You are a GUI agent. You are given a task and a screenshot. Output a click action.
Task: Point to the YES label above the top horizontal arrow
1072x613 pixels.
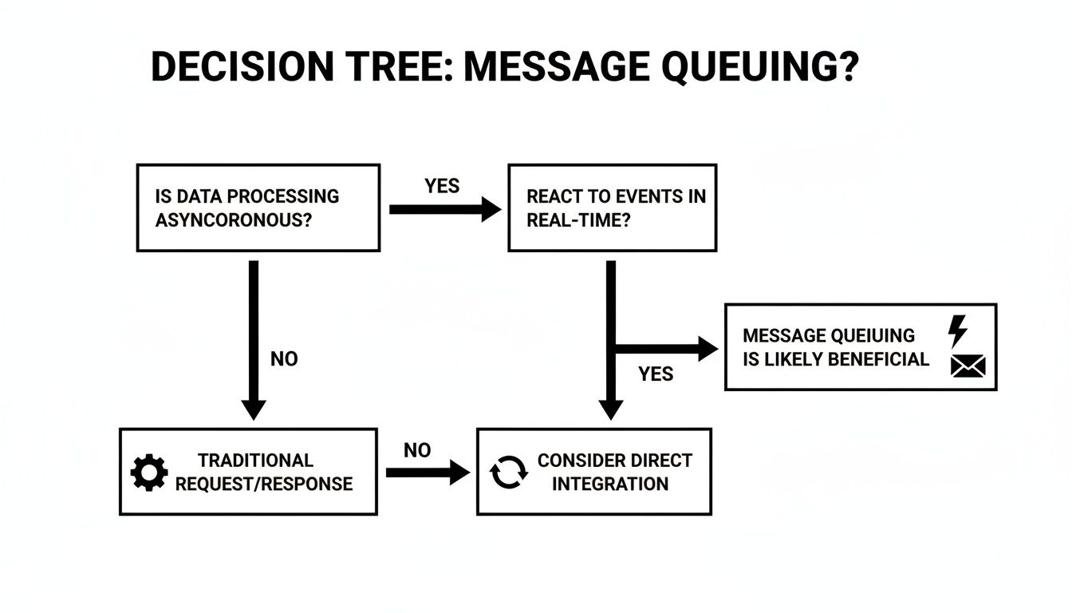(442, 186)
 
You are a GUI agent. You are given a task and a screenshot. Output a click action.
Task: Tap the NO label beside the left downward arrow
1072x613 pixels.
(284, 359)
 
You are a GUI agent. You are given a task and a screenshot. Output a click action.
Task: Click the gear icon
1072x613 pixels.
(149, 473)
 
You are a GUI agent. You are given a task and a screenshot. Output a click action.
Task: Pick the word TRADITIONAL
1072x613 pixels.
(255, 461)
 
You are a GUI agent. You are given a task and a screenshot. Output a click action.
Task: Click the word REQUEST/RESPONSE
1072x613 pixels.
(264, 484)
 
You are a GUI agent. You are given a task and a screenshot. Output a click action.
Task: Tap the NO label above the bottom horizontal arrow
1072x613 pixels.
(416, 451)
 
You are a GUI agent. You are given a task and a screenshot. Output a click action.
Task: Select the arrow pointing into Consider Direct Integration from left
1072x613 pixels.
(428, 473)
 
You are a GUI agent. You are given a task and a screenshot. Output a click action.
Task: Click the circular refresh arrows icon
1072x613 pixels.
(508, 473)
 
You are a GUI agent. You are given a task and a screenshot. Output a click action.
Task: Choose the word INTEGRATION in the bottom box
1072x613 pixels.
(610, 484)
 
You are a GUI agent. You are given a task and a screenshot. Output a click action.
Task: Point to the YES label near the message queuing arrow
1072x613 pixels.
(656, 374)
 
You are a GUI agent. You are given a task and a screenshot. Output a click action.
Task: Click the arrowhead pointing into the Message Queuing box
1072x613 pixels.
(707, 348)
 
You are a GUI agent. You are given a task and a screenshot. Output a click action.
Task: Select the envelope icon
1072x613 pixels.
(968, 366)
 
